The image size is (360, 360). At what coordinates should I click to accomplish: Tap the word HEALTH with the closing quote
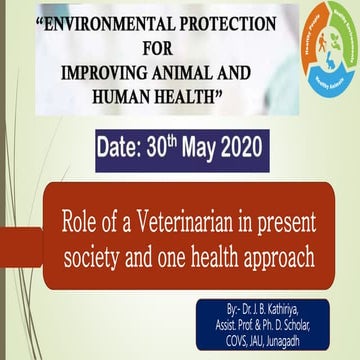(211, 95)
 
